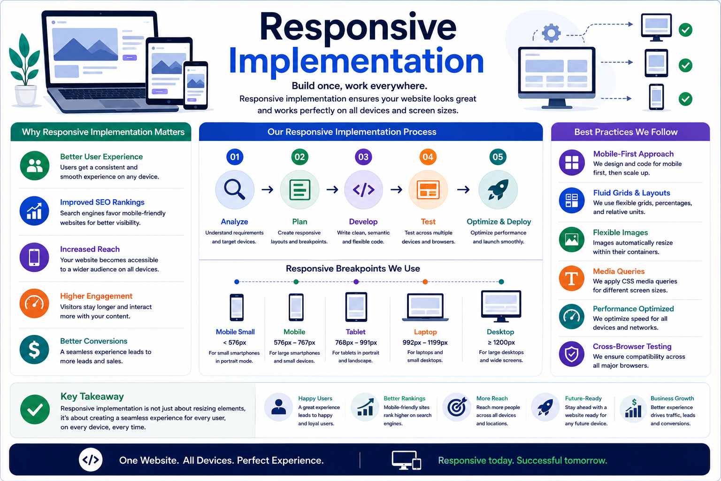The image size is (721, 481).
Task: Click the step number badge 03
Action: click(363, 157)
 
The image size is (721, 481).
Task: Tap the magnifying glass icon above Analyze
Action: click(235, 190)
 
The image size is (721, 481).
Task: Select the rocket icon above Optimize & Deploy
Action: click(498, 190)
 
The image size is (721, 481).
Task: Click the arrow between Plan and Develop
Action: click(332, 189)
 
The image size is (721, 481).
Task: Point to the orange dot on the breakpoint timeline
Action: click(425, 282)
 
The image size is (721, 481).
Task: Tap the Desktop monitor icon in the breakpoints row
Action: click(501, 306)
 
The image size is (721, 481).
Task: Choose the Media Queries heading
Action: click(619, 272)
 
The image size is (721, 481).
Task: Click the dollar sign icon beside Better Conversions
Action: click(34, 350)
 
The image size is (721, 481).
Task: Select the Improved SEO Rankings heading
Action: click(102, 202)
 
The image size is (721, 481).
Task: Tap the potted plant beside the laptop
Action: click(24, 70)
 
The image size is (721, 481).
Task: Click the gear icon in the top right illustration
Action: click(551, 33)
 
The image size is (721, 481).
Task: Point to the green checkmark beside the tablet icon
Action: click(686, 65)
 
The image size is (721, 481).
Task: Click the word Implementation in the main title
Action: click(356, 61)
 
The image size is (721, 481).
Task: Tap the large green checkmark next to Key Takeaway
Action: click(35, 410)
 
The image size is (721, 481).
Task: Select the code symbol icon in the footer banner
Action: click(91, 460)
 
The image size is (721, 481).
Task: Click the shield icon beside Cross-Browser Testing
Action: click(572, 354)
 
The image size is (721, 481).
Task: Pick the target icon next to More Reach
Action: click(457, 407)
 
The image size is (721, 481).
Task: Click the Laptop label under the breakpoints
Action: click(425, 332)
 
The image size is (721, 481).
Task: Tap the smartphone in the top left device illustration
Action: click(196, 85)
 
